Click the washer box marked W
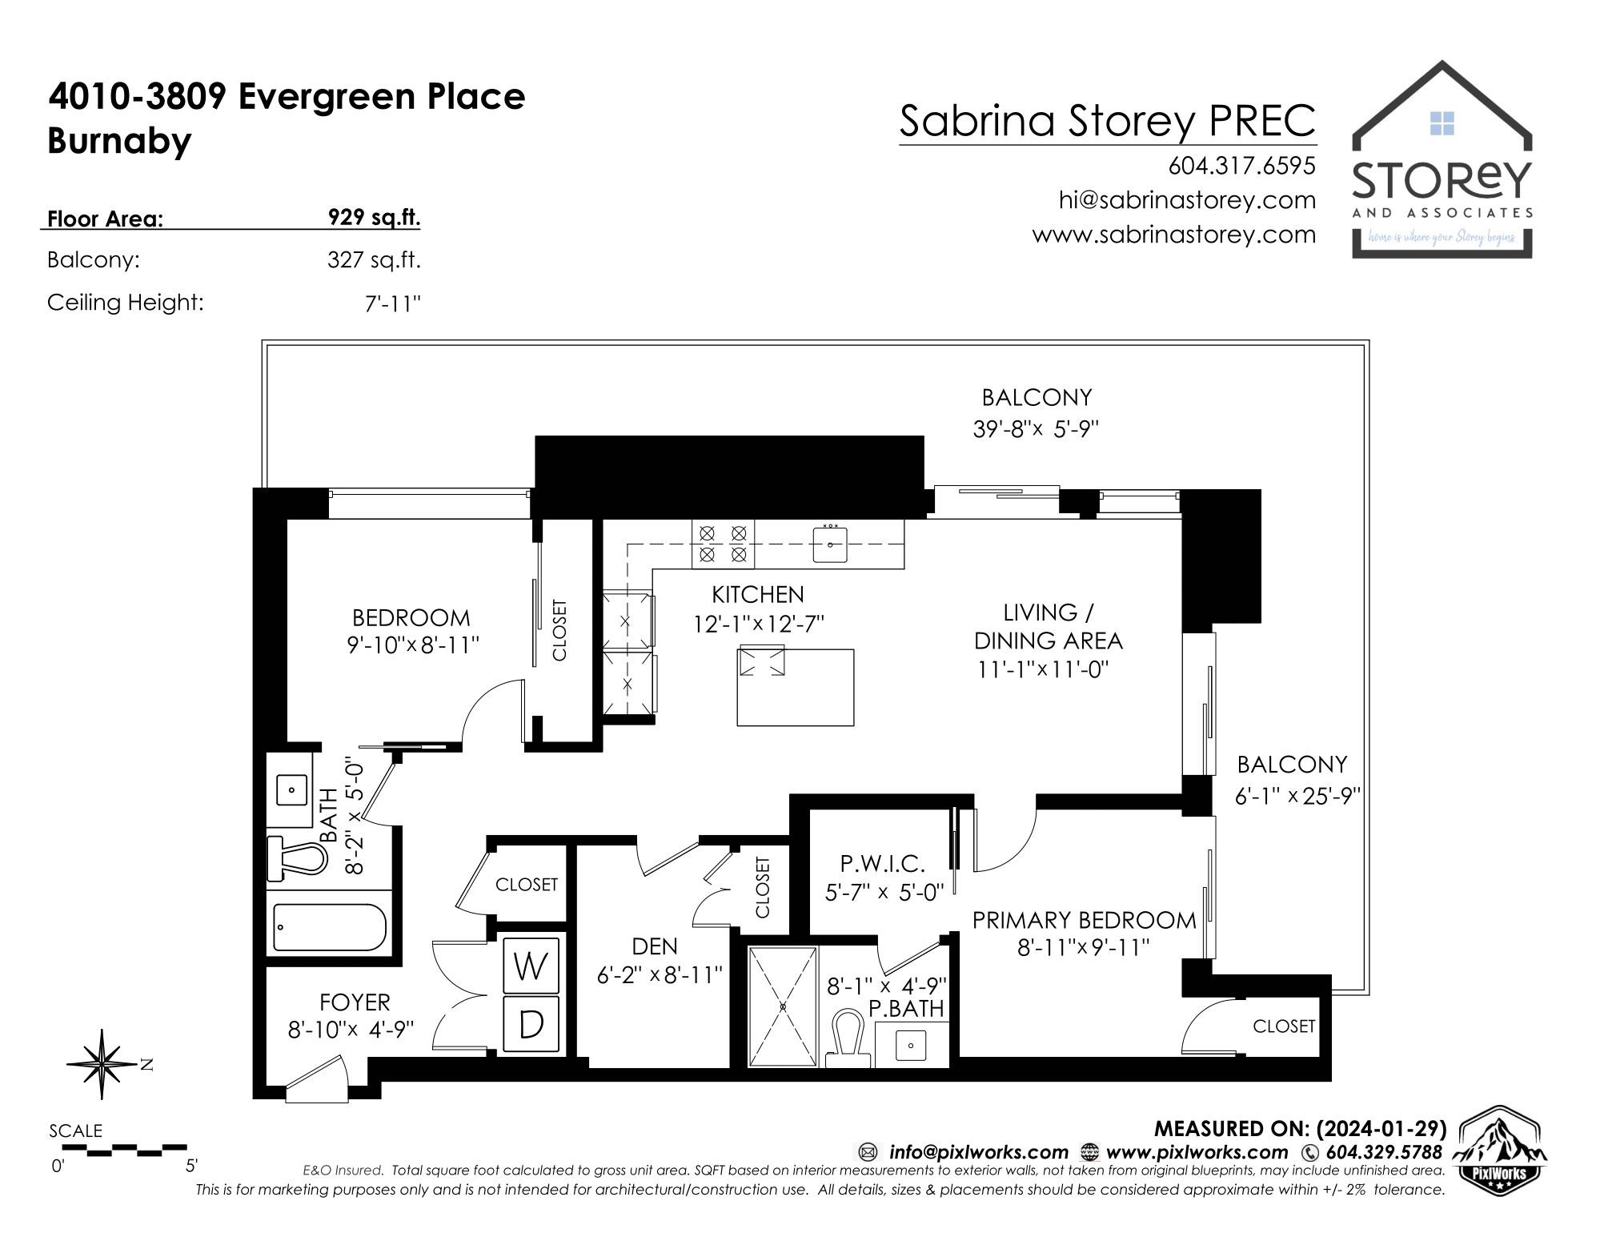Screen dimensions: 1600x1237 click(531, 966)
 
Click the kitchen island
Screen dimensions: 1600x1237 click(795, 686)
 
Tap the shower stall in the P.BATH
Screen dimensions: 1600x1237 click(783, 1006)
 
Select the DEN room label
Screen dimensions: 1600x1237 click(655, 946)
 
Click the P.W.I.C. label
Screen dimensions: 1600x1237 click(882, 863)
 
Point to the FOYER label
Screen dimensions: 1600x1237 click(355, 1002)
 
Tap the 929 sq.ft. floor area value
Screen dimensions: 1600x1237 click(374, 217)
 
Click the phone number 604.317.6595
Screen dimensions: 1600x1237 click(1241, 166)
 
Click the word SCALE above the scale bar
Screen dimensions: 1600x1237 click(75, 1131)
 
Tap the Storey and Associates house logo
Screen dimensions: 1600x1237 click(1442, 159)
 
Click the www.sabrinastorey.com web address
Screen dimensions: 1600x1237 click(1173, 235)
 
